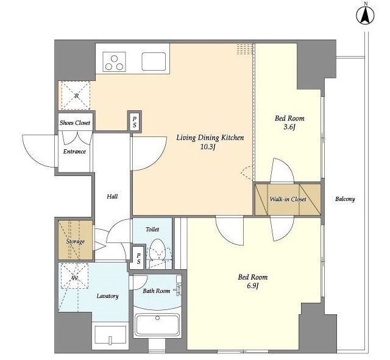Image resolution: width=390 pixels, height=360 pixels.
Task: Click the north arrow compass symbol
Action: point(365,15)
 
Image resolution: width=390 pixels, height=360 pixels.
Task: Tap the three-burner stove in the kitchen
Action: point(114,62)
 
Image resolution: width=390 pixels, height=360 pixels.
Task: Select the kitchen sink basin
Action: point(154,62)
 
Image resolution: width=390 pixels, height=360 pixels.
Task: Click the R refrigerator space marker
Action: point(76,96)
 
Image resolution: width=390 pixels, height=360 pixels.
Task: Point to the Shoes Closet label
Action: point(75,122)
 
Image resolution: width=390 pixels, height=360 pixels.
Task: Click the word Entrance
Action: point(74,152)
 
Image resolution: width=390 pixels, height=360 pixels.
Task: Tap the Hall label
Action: point(112,196)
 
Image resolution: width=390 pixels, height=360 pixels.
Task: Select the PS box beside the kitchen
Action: point(135,122)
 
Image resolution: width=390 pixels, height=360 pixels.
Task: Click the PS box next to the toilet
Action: point(138,258)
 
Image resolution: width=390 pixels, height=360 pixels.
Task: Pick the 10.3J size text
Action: point(208,147)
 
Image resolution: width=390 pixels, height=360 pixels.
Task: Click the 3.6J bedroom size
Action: point(289,127)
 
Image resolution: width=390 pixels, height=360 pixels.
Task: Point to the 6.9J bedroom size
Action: point(253,286)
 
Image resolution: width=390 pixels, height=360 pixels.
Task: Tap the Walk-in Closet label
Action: point(288,199)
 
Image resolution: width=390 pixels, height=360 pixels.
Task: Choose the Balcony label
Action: point(345,199)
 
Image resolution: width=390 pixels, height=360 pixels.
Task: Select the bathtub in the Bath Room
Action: point(157,325)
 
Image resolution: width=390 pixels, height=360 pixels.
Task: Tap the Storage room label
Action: point(76,241)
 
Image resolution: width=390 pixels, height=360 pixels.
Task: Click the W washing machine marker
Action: point(74,275)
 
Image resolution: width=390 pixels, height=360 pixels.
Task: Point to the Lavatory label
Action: point(107,296)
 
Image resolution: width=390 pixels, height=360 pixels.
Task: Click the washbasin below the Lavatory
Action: point(111,336)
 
